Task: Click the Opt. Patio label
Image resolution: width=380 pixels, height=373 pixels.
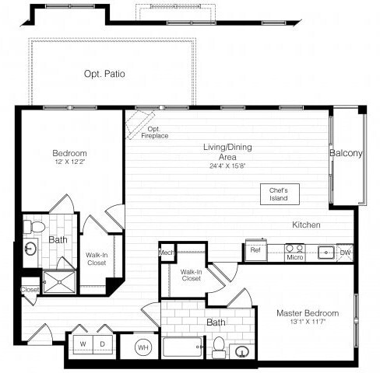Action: tap(104, 75)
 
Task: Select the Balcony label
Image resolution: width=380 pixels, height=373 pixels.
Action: tap(346, 154)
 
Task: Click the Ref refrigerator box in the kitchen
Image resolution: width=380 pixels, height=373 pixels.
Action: tap(255, 250)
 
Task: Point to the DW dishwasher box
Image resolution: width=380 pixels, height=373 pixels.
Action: tap(345, 252)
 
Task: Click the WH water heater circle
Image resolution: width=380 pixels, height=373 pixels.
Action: tap(143, 347)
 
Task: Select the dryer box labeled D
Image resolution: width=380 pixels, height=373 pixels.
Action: tap(102, 343)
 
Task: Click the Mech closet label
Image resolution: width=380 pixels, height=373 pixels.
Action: tap(167, 253)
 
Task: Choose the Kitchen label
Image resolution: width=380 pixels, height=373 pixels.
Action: tap(306, 225)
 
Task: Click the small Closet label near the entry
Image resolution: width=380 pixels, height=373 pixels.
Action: tap(30, 290)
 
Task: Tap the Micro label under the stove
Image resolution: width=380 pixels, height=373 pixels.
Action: tap(294, 257)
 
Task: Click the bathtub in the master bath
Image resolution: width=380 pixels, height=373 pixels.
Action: tap(182, 346)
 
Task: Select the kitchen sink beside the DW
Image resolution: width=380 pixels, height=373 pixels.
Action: tap(325, 251)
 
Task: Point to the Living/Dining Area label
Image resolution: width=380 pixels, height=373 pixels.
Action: tap(228, 152)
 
